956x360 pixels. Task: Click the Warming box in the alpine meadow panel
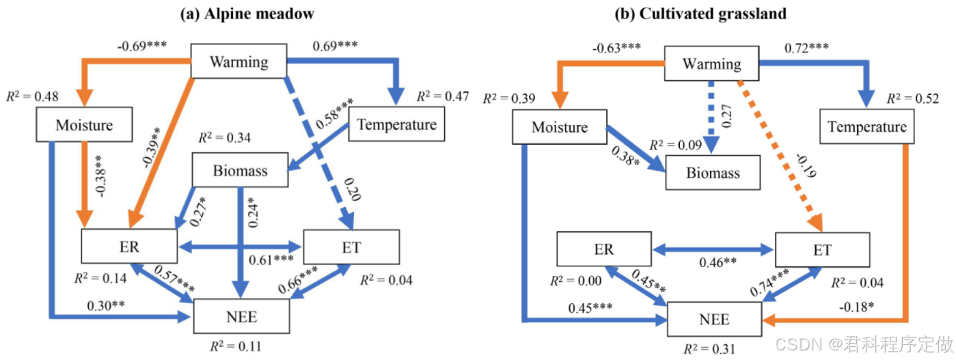tap(239, 62)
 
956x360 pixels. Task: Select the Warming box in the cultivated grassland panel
tap(712, 64)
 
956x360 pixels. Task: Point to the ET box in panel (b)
tap(822, 250)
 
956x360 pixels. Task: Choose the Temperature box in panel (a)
tap(397, 124)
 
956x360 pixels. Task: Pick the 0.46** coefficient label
tap(718, 262)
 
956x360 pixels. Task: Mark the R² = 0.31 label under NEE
tap(712, 349)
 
